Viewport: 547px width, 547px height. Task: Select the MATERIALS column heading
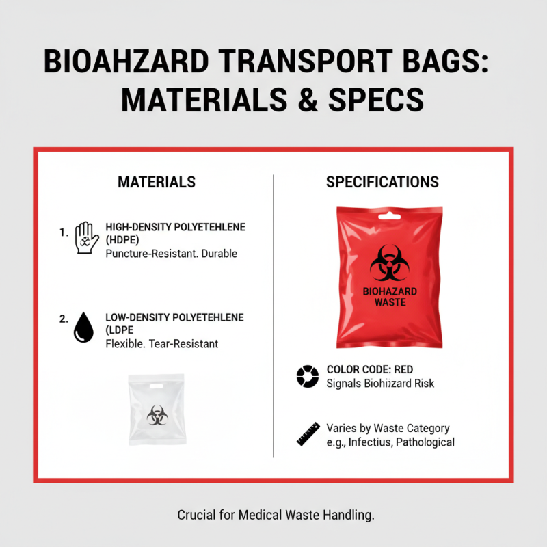[157, 182]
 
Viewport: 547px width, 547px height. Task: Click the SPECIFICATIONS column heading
[382, 182]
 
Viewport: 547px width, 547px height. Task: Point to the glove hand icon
[85, 237]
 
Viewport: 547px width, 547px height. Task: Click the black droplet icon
[82, 327]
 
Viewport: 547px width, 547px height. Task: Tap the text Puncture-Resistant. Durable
[172, 254]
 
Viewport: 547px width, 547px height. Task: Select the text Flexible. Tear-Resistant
[162, 344]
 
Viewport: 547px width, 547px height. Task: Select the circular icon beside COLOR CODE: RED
[307, 376]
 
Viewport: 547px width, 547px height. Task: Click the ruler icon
[308, 433]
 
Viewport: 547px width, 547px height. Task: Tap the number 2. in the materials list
[64, 319]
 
